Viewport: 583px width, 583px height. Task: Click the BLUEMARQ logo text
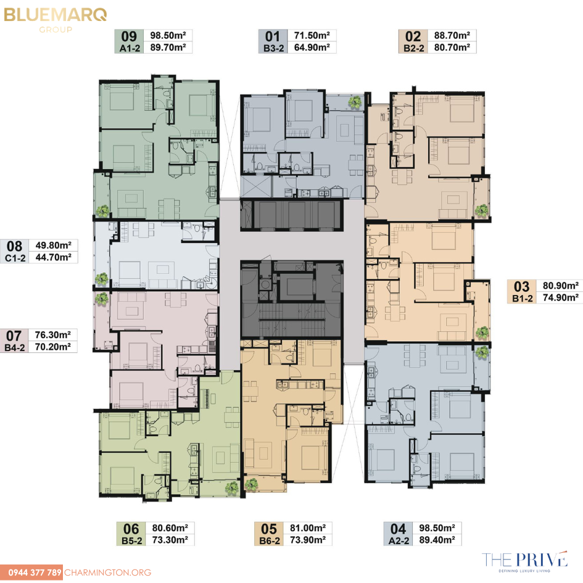(x=56, y=15)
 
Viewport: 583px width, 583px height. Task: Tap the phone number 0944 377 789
(x=35, y=573)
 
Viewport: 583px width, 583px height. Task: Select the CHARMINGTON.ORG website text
(x=108, y=573)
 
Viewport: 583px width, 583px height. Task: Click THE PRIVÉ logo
(x=524, y=561)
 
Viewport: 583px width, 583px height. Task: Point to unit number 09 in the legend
(x=129, y=36)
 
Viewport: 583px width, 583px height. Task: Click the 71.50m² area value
(x=312, y=35)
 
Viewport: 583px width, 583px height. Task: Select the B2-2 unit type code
(x=414, y=48)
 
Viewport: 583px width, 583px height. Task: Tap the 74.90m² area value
(x=561, y=297)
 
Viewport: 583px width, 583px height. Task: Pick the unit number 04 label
(x=398, y=529)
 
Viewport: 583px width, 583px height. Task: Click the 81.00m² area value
(x=308, y=528)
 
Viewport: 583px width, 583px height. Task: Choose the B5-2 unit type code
(x=132, y=540)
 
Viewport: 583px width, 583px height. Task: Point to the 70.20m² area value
(x=53, y=347)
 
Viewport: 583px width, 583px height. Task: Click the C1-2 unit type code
(x=15, y=258)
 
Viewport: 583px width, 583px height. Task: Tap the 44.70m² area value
(x=54, y=257)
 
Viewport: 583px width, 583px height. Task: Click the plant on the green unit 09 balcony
(x=103, y=211)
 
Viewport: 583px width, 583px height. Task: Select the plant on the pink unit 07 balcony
(x=101, y=298)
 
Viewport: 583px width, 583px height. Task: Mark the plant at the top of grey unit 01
(x=355, y=102)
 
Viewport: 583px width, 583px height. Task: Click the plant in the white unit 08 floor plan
(x=101, y=279)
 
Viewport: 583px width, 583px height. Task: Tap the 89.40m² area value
(x=437, y=540)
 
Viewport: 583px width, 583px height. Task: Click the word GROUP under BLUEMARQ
(x=56, y=30)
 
